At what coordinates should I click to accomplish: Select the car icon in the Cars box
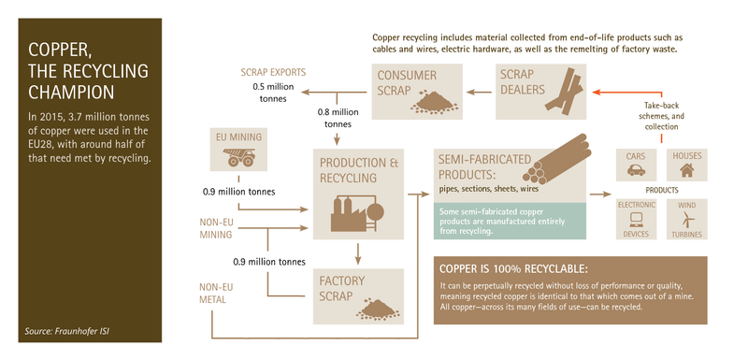[635, 171]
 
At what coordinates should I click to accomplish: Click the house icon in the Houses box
[686, 171]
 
